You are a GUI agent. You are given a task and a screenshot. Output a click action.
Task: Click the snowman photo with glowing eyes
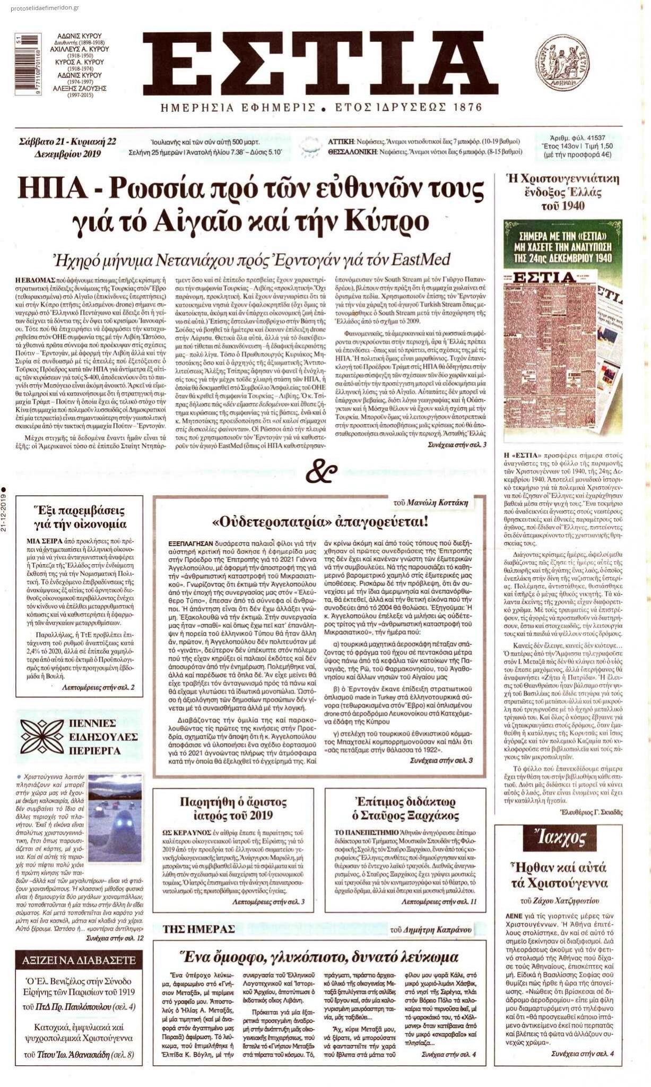pos(115,818)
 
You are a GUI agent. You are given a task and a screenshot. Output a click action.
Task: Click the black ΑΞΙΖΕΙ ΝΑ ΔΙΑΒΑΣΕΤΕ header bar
pos(79,959)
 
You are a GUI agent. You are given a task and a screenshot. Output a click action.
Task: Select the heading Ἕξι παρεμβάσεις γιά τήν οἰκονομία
pos(79,517)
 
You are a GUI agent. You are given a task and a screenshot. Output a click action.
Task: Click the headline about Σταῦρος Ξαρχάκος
pos(405,808)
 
